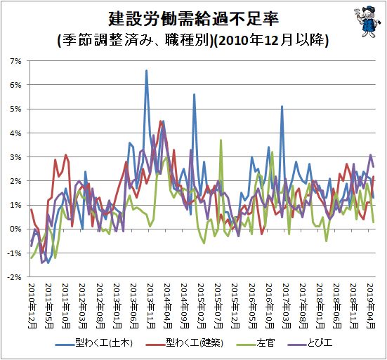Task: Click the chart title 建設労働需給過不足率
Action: click(x=194, y=19)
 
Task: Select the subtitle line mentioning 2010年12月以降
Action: click(x=193, y=40)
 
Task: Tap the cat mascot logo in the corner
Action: click(x=365, y=22)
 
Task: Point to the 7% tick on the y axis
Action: click(x=15, y=61)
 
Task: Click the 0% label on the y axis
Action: click(x=15, y=229)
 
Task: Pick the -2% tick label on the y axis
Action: click(x=14, y=277)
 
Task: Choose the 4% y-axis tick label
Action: click(x=15, y=133)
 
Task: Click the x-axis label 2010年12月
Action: click(x=32, y=306)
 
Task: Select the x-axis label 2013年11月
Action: click(x=151, y=306)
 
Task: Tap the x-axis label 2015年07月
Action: click(x=218, y=306)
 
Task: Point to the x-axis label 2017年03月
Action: click(x=287, y=306)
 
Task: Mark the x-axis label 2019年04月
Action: click(x=371, y=306)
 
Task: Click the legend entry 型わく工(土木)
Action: click(x=93, y=343)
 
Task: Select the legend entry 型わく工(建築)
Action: click(x=184, y=343)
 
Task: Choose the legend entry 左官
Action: click(x=256, y=343)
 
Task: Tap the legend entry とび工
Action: click(x=310, y=343)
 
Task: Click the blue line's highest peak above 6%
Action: click(x=146, y=71)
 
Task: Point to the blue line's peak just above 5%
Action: click(x=282, y=107)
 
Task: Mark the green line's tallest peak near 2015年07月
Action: click(x=221, y=140)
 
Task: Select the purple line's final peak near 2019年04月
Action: click(x=370, y=155)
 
